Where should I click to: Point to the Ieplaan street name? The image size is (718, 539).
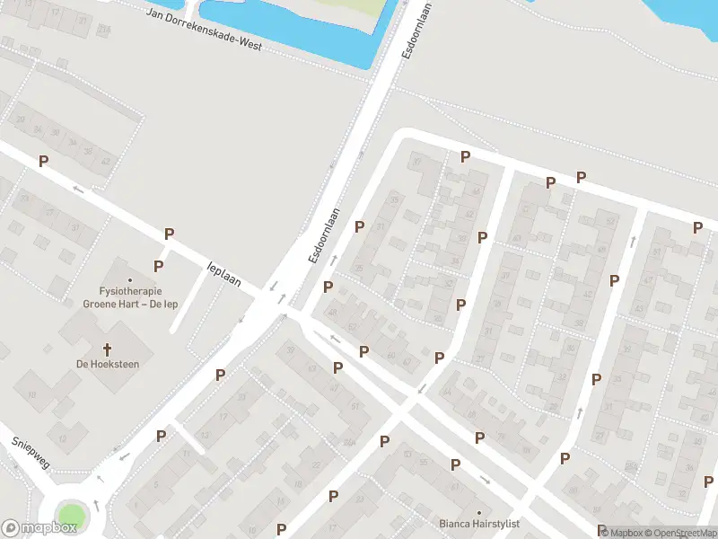pyautogui.click(x=224, y=274)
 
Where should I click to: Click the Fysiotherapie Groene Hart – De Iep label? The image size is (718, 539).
pyautogui.click(x=130, y=296)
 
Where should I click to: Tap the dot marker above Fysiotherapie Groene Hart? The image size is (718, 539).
pyautogui.click(x=130, y=280)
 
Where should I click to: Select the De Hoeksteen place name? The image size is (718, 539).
pyautogui.click(x=108, y=364)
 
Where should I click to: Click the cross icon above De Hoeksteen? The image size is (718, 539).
pyautogui.click(x=108, y=349)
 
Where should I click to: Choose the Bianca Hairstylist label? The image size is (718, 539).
pyautogui.click(x=478, y=524)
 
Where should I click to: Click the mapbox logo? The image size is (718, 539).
pyautogui.click(x=39, y=528)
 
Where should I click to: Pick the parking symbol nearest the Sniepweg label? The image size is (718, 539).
pyautogui.click(x=161, y=436)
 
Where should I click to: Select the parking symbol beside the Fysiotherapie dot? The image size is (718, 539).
pyautogui.click(x=158, y=266)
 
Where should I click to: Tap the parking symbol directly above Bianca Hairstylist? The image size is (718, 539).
pyautogui.click(x=455, y=464)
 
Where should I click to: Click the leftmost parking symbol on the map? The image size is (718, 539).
pyautogui.click(x=42, y=161)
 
